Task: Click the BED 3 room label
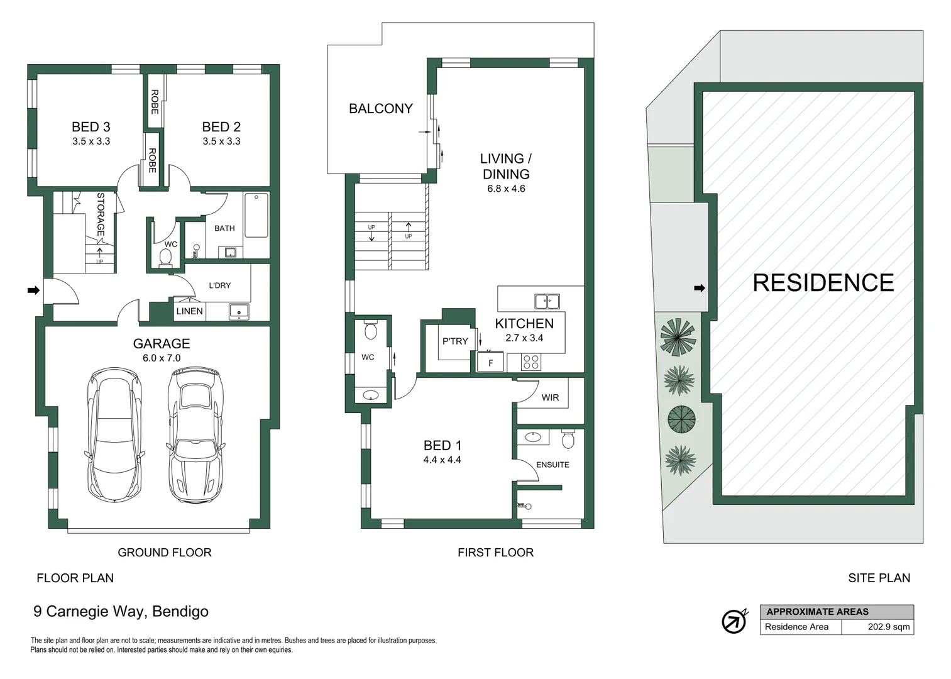pos(91,127)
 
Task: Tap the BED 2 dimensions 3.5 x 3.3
pos(221,141)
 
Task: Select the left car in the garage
pos(114,434)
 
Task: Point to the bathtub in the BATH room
pos(256,215)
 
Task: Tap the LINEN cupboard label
pos(189,311)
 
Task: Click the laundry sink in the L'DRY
pos(239,311)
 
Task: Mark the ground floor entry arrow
pos(33,290)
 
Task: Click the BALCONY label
pos(380,109)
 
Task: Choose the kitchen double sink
pos(547,301)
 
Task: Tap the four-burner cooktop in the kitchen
pos(531,362)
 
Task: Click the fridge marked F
pos(490,363)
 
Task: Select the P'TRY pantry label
pos(454,341)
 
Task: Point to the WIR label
pos(550,397)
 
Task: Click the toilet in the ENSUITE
pos(568,439)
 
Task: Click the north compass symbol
pos(734,621)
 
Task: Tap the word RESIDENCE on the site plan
pos(823,283)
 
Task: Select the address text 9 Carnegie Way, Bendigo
pos(121,611)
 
